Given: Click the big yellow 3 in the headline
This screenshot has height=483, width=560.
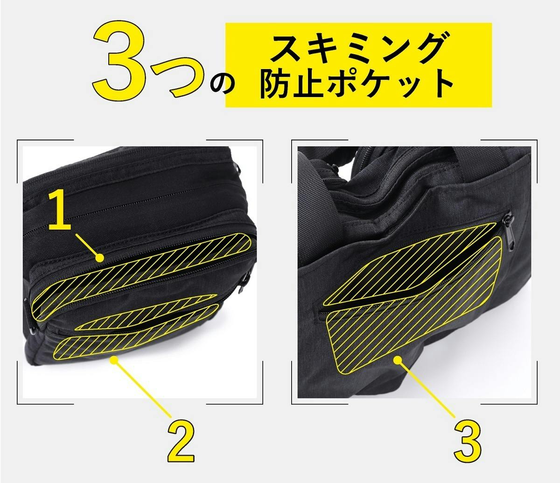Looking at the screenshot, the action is coord(121,59).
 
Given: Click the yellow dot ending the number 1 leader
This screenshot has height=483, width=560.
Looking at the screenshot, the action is coord(100,258).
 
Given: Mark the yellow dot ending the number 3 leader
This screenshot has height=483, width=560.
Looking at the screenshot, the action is coord(398,360).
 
